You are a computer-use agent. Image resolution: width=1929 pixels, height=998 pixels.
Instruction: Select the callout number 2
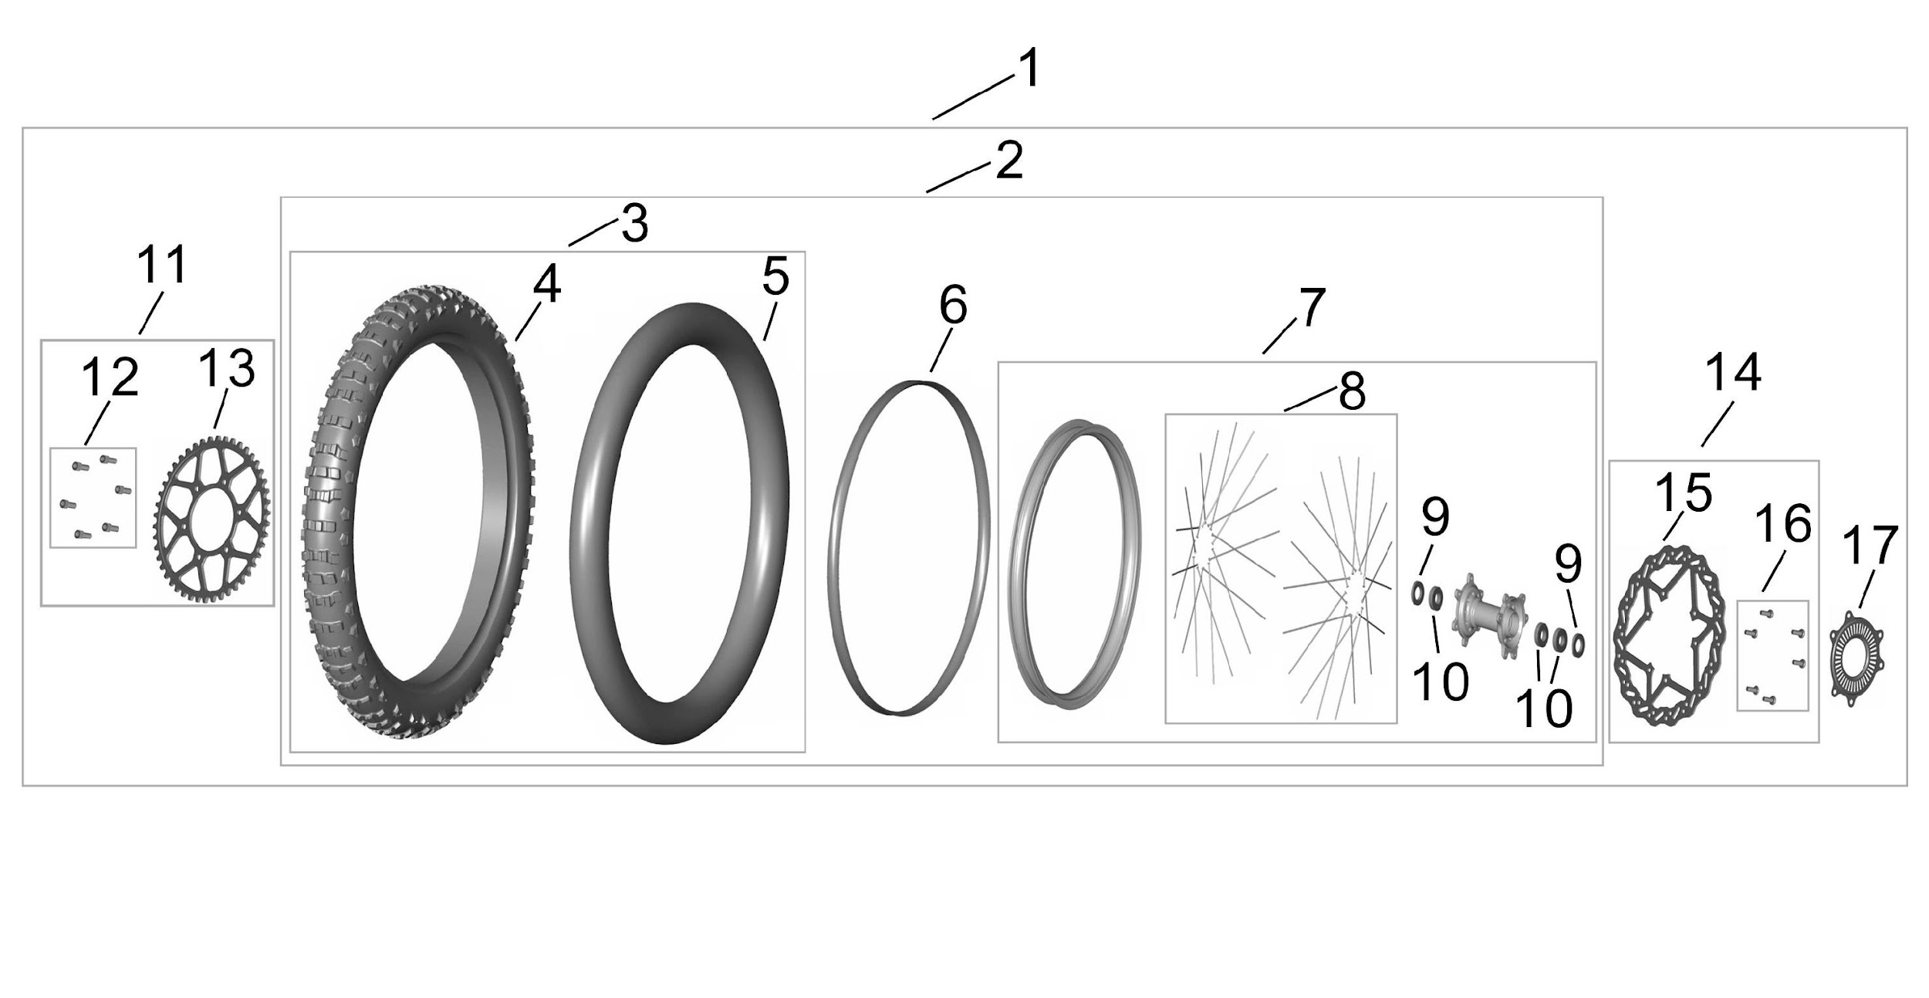[x=1008, y=161]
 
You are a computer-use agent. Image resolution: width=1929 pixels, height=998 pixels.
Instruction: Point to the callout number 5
[x=775, y=277]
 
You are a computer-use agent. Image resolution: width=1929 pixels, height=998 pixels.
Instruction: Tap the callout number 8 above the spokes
[x=1352, y=391]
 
